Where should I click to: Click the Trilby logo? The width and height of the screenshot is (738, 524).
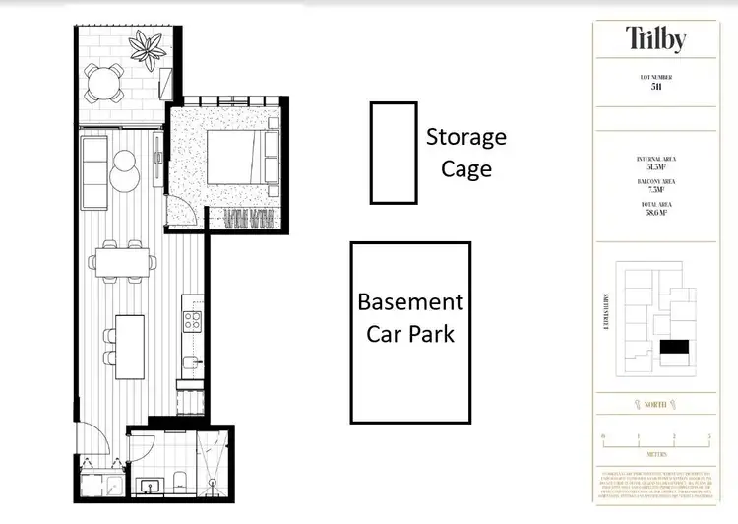[x=655, y=38]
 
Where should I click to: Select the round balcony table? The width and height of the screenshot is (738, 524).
[x=103, y=82]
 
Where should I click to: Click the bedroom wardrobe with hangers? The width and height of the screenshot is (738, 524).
[x=249, y=220]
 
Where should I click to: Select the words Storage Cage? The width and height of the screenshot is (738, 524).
[x=465, y=153]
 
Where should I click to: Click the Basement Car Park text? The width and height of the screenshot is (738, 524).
[x=410, y=317]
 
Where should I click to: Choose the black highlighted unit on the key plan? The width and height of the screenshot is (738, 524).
[x=675, y=347]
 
